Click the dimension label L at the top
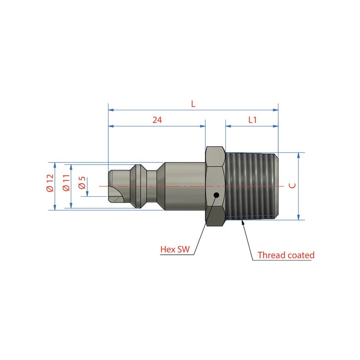click(193, 104)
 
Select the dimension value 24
click(157, 120)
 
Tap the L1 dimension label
click(252, 120)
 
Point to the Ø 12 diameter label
click(50, 183)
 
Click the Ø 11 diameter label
click(66, 183)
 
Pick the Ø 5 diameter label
click(82, 183)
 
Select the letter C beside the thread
click(292, 185)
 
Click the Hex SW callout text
click(175, 249)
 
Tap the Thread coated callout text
click(286, 255)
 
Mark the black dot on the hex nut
click(216, 195)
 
